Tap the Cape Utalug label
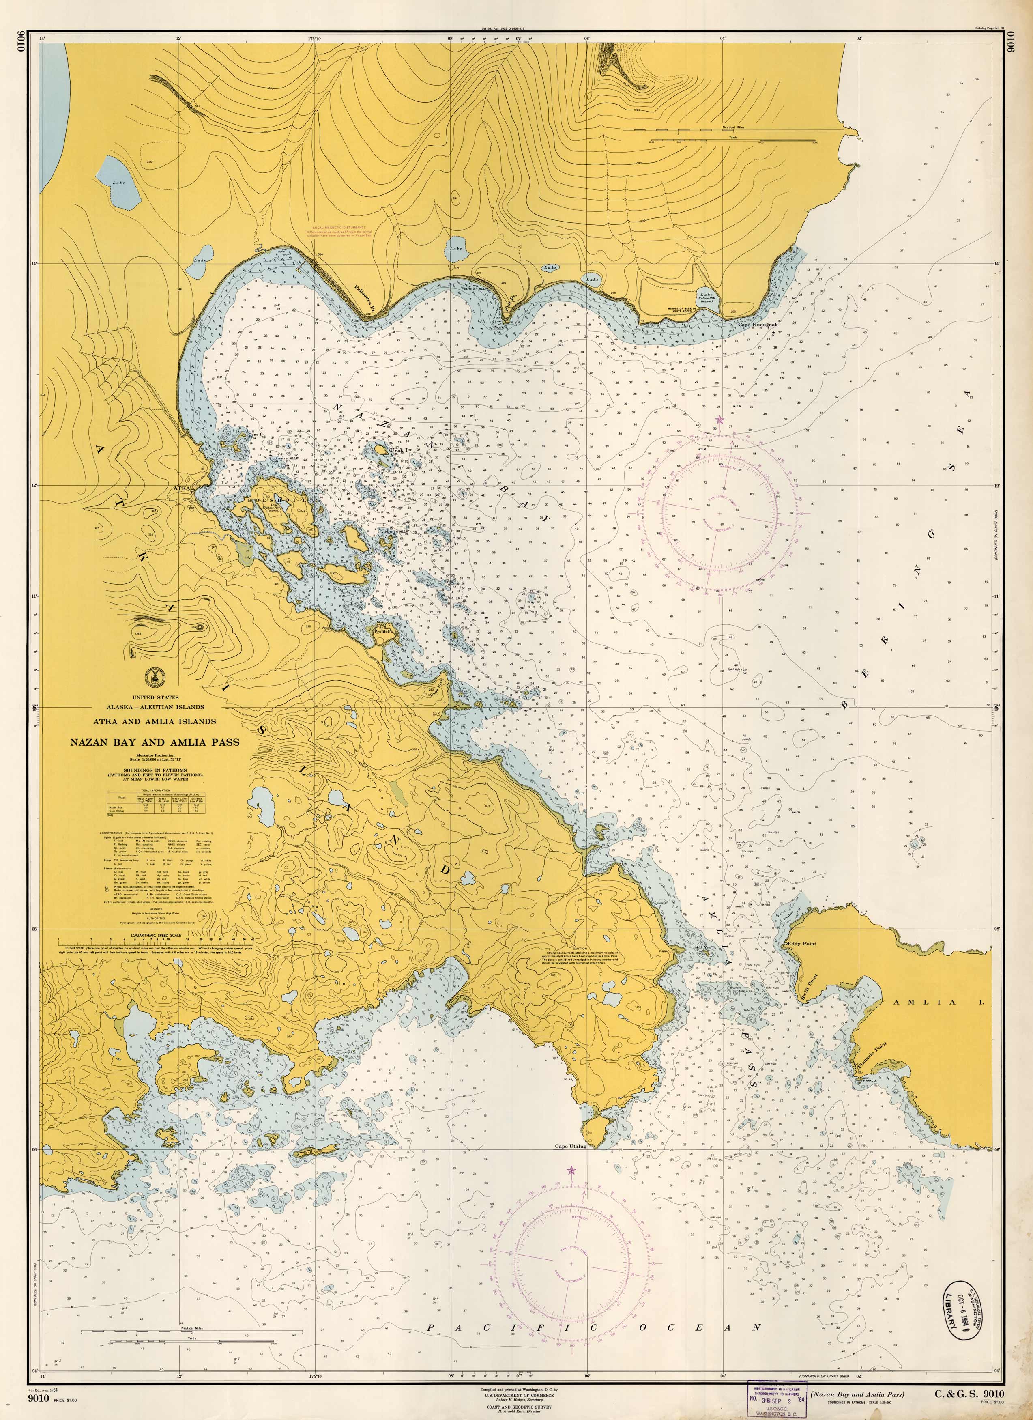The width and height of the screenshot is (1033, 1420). coord(570,1147)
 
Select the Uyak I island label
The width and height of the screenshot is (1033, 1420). coord(399,450)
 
